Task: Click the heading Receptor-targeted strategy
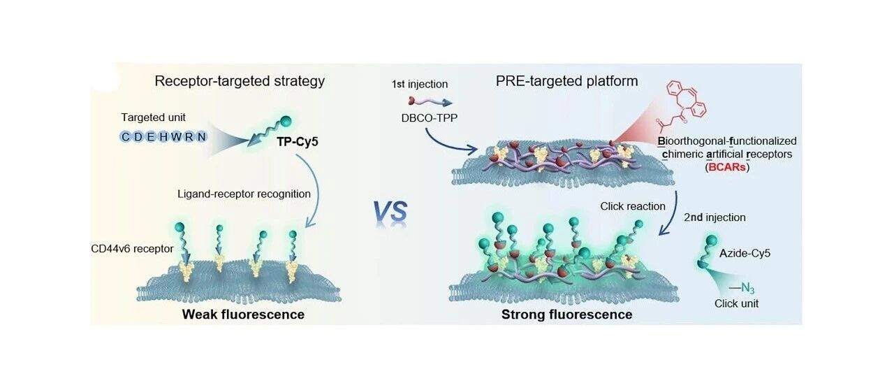(240, 81)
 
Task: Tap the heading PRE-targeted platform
(566, 81)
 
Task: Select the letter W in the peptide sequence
(176, 137)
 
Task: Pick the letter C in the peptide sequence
(125, 137)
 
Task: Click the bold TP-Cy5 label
(298, 142)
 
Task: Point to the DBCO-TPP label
(430, 118)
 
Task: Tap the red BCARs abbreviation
(727, 167)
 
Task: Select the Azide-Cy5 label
(745, 253)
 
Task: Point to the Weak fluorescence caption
(243, 315)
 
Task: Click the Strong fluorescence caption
(566, 315)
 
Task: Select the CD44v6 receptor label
(132, 249)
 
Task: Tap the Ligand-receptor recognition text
(244, 194)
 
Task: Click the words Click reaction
(633, 206)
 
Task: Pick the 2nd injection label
(715, 217)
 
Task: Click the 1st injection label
(420, 85)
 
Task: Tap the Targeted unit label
(153, 117)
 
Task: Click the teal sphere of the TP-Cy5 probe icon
(286, 122)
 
